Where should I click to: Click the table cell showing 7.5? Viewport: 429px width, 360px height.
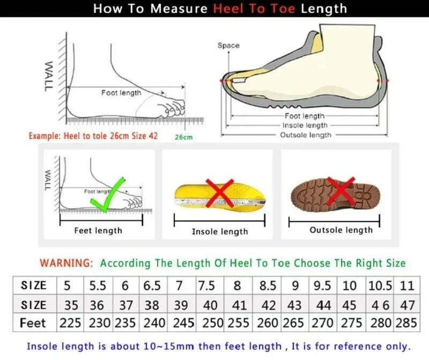point(206,285)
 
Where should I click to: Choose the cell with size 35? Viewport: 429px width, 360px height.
point(71,305)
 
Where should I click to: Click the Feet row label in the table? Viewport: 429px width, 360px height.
point(33,324)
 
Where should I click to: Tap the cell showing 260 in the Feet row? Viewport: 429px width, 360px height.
point(268,324)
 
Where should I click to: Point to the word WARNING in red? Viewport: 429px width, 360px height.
point(66,263)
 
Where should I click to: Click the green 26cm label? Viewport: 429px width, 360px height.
point(183,137)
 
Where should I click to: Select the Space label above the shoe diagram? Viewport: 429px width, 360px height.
point(228,46)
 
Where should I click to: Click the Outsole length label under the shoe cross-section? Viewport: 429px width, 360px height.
point(306,135)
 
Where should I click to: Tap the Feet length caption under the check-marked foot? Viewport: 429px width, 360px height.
point(98,231)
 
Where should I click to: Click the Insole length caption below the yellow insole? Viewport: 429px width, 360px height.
point(220,232)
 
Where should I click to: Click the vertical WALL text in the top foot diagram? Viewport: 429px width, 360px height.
point(49,75)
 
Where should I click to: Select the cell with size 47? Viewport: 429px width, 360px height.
point(408,305)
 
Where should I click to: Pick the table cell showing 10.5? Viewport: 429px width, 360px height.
point(380,285)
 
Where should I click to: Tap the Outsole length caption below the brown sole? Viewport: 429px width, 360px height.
point(341,230)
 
